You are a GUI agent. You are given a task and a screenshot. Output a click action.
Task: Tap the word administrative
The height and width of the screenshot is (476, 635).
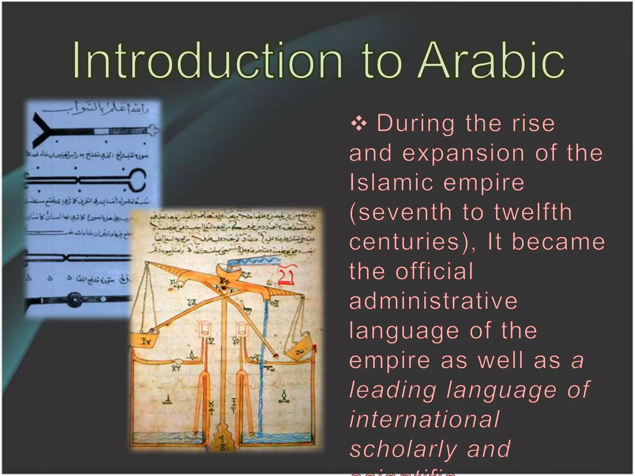pos(433,301)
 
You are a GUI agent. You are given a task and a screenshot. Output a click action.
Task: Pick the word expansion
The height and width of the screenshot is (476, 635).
pos(464,153)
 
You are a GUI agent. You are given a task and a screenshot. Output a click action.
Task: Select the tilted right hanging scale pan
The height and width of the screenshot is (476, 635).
pos(298,351)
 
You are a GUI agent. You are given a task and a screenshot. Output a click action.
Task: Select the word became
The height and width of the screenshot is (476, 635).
pos(558,242)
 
